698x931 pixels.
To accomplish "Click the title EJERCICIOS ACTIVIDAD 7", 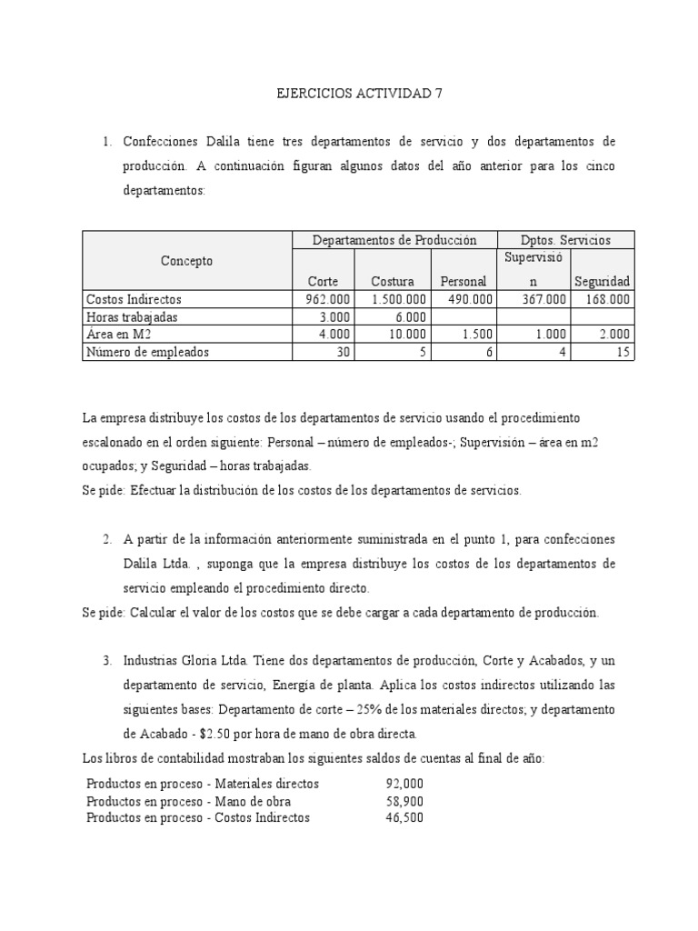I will point(349,94).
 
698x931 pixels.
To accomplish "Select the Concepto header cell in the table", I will point(187,261).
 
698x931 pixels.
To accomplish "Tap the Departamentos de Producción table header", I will point(394,241).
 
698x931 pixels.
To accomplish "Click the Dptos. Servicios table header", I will point(565,241).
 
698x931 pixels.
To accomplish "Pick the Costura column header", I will point(393,282).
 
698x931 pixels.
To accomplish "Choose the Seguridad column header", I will point(602,282).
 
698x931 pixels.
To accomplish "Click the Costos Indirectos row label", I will point(134,299).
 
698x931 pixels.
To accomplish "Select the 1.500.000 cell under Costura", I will point(396,299).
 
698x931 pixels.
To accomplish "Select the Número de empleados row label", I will point(146,352).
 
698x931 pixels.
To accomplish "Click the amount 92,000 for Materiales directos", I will point(404,784).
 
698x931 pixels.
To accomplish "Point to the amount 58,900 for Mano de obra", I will point(404,801).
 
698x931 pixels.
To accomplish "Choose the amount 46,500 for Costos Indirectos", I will point(404,818).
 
